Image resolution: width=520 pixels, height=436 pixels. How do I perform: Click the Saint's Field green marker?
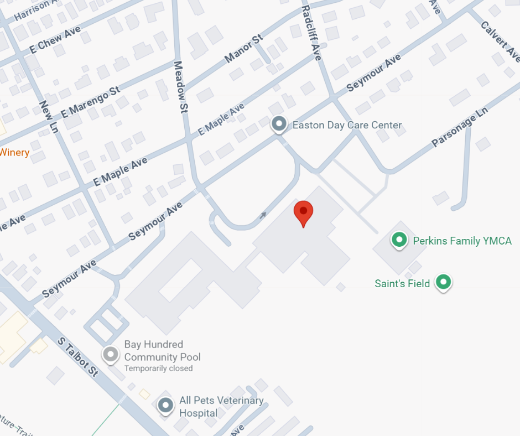(x=443, y=282)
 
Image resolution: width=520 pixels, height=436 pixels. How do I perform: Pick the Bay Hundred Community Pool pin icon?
(x=111, y=354)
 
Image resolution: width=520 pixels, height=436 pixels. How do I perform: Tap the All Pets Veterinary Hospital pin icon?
(x=165, y=405)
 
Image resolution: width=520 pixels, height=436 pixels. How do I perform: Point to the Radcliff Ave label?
(x=311, y=33)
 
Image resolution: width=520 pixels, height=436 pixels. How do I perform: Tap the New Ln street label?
(x=49, y=116)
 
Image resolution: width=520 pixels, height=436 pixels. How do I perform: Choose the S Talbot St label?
(x=79, y=357)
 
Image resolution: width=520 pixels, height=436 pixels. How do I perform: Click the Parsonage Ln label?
(x=460, y=127)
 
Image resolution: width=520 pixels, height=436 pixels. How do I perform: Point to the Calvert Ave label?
(x=500, y=41)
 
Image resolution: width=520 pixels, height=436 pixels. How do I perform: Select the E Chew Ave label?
(x=55, y=39)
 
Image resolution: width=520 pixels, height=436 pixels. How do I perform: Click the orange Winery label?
(x=14, y=152)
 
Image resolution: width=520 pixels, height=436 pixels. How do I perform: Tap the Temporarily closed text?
(x=158, y=368)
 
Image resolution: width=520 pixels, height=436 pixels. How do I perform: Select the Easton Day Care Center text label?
(x=347, y=125)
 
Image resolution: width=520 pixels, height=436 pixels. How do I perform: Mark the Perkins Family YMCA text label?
(x=462, y=241)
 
